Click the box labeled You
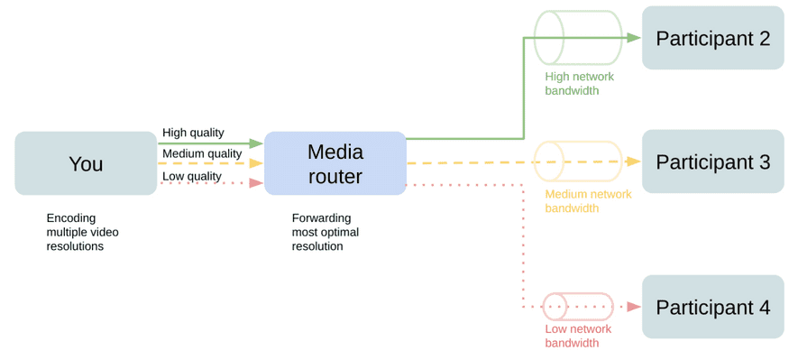click(86, 163)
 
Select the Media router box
click(335, 163)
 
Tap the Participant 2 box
click(712, 38)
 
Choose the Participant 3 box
click(712, 162)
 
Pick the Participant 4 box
click(712, 307)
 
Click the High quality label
click(193, 133)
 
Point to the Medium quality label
click(202, 153)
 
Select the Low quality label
click(191, 176)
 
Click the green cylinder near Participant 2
click(577, 38)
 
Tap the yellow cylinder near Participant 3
click(577, 162)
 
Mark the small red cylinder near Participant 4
click(577, 307)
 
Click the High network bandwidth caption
click(580, 84)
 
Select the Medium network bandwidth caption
click(588, 201)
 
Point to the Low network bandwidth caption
click(578, 336)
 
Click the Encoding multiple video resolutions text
click(82, 232)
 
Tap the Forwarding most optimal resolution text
click(326, 232)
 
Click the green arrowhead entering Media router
click(256, 143)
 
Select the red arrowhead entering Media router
click(256, 183)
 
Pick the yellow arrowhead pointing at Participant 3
click(634, 162)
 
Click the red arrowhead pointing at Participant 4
click(634, 307)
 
